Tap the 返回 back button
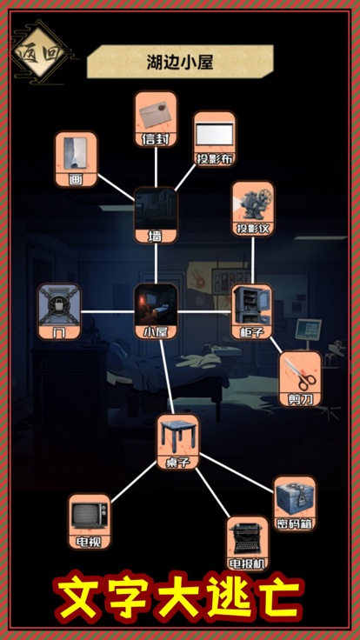(x=40, y=52)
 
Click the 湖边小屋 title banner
(x=180, y=62)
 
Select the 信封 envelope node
(x=156, y=119)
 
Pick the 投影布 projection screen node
(x=215, y=139)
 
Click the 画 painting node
(x=77, y=159)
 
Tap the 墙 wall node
(x=156, y=215)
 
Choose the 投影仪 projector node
(x=253, y=209)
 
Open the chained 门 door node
(x=60, y=312)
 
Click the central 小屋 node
(x=156, y=312)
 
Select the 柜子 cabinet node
(x=252, y=312)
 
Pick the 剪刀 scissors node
(x=300, y=379)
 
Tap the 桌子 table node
(x=178, y=442)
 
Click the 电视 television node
(x=89, y=522)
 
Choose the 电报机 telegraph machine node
(x=248, y=543)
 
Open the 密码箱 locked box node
(x=295, y=503)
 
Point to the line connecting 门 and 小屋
(x=108, y=312)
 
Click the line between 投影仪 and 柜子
(x=253, y=260)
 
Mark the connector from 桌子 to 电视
(x=134, y=482)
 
